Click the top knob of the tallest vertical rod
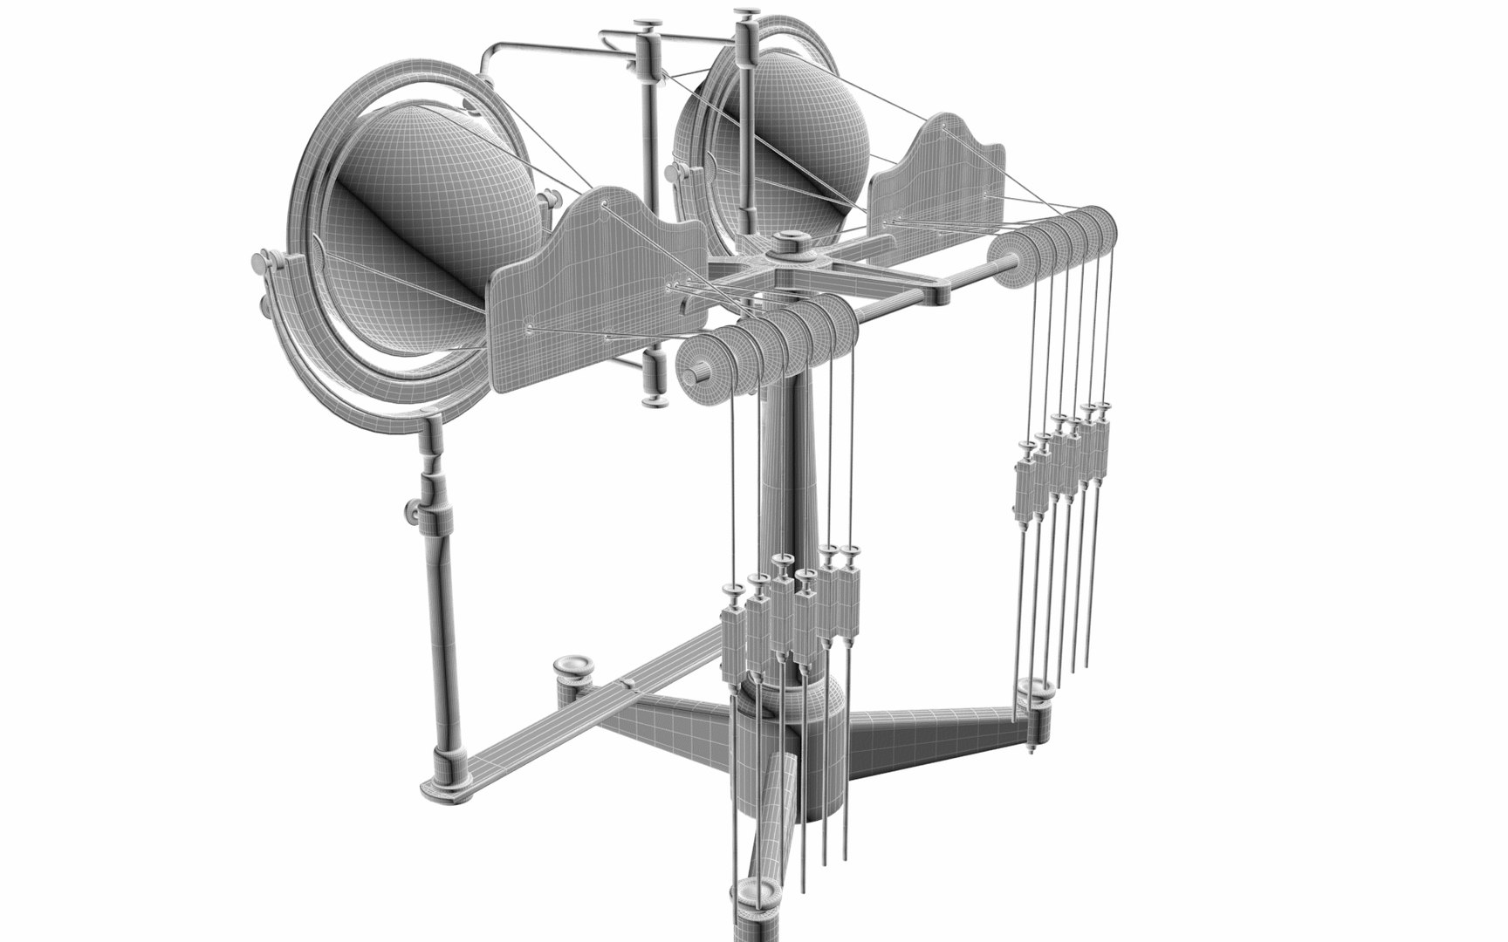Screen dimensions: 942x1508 pos(746,16)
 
